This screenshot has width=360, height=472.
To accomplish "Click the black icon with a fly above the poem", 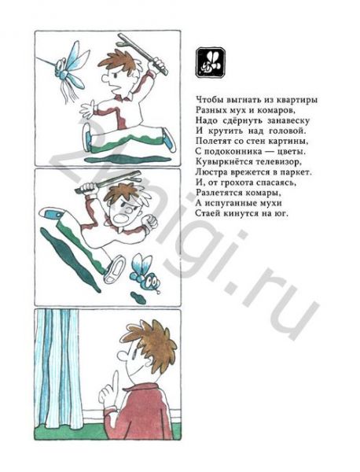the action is pos(211,63).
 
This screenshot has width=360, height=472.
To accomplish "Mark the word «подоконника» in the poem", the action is pos(232,152).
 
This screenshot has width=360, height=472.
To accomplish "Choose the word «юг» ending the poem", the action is pos(282,214).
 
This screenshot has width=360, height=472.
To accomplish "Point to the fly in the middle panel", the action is pos(145,275).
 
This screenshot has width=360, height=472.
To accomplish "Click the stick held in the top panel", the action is pos(143,53).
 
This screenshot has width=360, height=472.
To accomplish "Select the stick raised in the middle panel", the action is pos(108,183).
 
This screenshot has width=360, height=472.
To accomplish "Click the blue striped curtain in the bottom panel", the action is pos(57,368).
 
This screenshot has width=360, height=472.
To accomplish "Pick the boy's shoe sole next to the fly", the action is pos(114,269).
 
